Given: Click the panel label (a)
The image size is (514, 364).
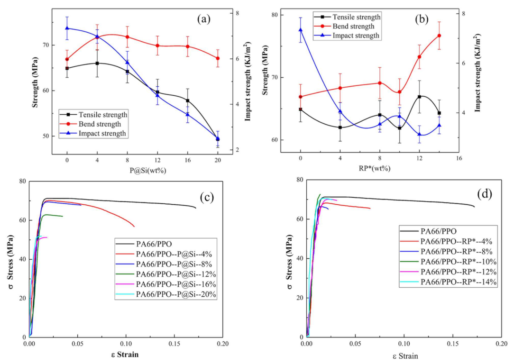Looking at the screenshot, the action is (x=203, y=19).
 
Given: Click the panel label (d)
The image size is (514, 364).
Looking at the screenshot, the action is (x=485, y=194).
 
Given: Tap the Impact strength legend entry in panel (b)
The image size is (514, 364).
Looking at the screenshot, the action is (x=347, y=36).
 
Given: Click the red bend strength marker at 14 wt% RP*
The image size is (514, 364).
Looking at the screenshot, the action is (x=439, y=36).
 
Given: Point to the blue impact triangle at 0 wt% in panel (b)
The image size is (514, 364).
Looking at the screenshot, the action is (x=300, y=30).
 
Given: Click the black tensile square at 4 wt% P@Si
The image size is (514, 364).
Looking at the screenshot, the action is (x=97, y=63).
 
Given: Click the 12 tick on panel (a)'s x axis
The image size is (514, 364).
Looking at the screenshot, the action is (x=157, y=160).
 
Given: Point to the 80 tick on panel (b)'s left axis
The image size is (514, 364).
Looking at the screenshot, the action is (x=275, y=15).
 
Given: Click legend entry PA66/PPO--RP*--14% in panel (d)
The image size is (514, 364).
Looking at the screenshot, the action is (x=448, y=282).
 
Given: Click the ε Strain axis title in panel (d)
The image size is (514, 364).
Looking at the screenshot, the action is (x=405, y=356).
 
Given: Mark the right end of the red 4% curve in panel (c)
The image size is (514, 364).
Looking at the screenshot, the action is (x=134, y=227).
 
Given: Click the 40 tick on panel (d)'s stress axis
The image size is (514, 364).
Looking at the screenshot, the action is (x=299, y=258).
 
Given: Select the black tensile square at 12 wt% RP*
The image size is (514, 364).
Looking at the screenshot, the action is (x=419, y=97).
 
